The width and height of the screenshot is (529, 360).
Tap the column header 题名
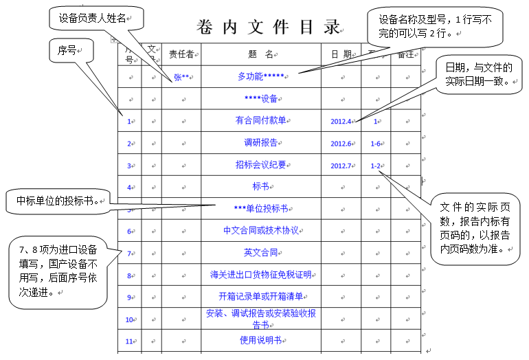click(x=260, y=55)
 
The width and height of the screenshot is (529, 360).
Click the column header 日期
click(x=341, y=55)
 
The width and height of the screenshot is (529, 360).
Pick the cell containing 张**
click(x=181, y=77)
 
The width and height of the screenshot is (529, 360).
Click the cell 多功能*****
click(x=260, y=76)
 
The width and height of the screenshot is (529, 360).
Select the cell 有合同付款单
click(x=260, y=121)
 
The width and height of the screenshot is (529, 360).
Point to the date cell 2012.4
click(x=341, y=122)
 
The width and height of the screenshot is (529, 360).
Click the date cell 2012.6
click(x=341, y=144)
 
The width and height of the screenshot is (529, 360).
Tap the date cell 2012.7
click(x=341, y=166)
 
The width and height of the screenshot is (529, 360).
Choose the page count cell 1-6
click(x=376, y=144)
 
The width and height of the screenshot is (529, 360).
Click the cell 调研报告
click(x=260, y=143)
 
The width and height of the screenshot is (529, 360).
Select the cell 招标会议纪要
click(x=260, y=165)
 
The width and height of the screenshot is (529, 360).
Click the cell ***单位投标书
click(x=260, y=208)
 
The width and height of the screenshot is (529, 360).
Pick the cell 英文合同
click(x=260, y=252)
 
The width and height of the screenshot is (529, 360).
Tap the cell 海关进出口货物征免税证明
click(x=260, y=275)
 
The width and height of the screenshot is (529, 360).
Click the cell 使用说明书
click(x=260, y=340)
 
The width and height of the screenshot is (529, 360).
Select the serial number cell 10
click(x=129, y=319)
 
